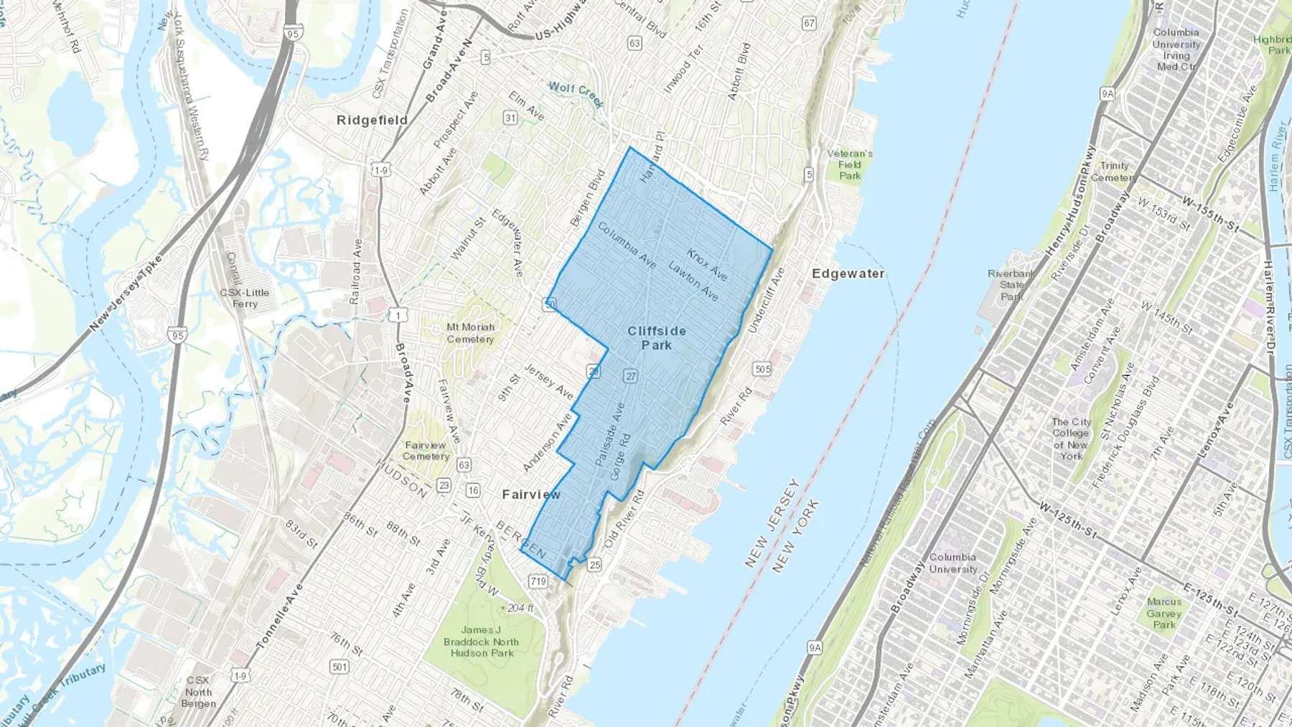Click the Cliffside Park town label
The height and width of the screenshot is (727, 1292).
(657, 338)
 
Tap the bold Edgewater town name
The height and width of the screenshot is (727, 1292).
(848, 273)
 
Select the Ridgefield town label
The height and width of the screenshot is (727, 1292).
(372, 120)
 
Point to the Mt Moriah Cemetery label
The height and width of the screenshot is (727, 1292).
(470, 333)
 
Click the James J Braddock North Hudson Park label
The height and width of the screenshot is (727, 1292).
(481, 642)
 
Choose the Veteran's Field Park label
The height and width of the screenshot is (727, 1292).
(850, 164)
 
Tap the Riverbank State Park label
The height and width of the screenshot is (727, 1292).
(1011, 285)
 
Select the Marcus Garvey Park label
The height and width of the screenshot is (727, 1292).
(1164, 613)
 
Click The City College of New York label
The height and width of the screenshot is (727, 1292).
(1071, 438)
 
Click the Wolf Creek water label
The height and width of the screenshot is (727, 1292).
(576, 93)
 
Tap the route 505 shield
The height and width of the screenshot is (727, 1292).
(762, 369)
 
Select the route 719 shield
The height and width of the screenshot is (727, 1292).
(538, 581)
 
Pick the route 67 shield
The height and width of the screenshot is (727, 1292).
(810, 23)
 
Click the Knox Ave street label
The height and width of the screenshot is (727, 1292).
(707, 265)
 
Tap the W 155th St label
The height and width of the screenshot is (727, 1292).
(1211, 215)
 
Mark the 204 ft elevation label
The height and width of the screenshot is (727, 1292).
(520, 608)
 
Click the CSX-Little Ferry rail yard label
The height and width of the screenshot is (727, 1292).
(244, 298)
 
